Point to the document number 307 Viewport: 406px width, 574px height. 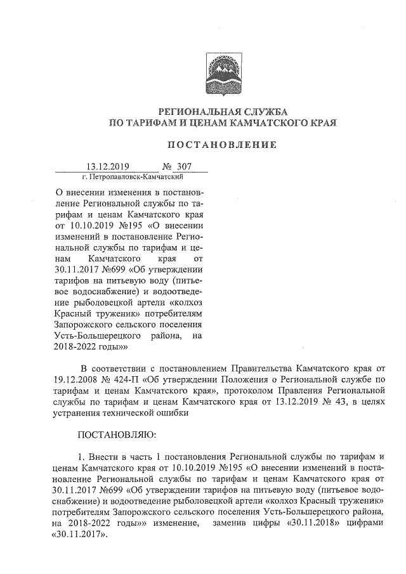pos(184,167)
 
